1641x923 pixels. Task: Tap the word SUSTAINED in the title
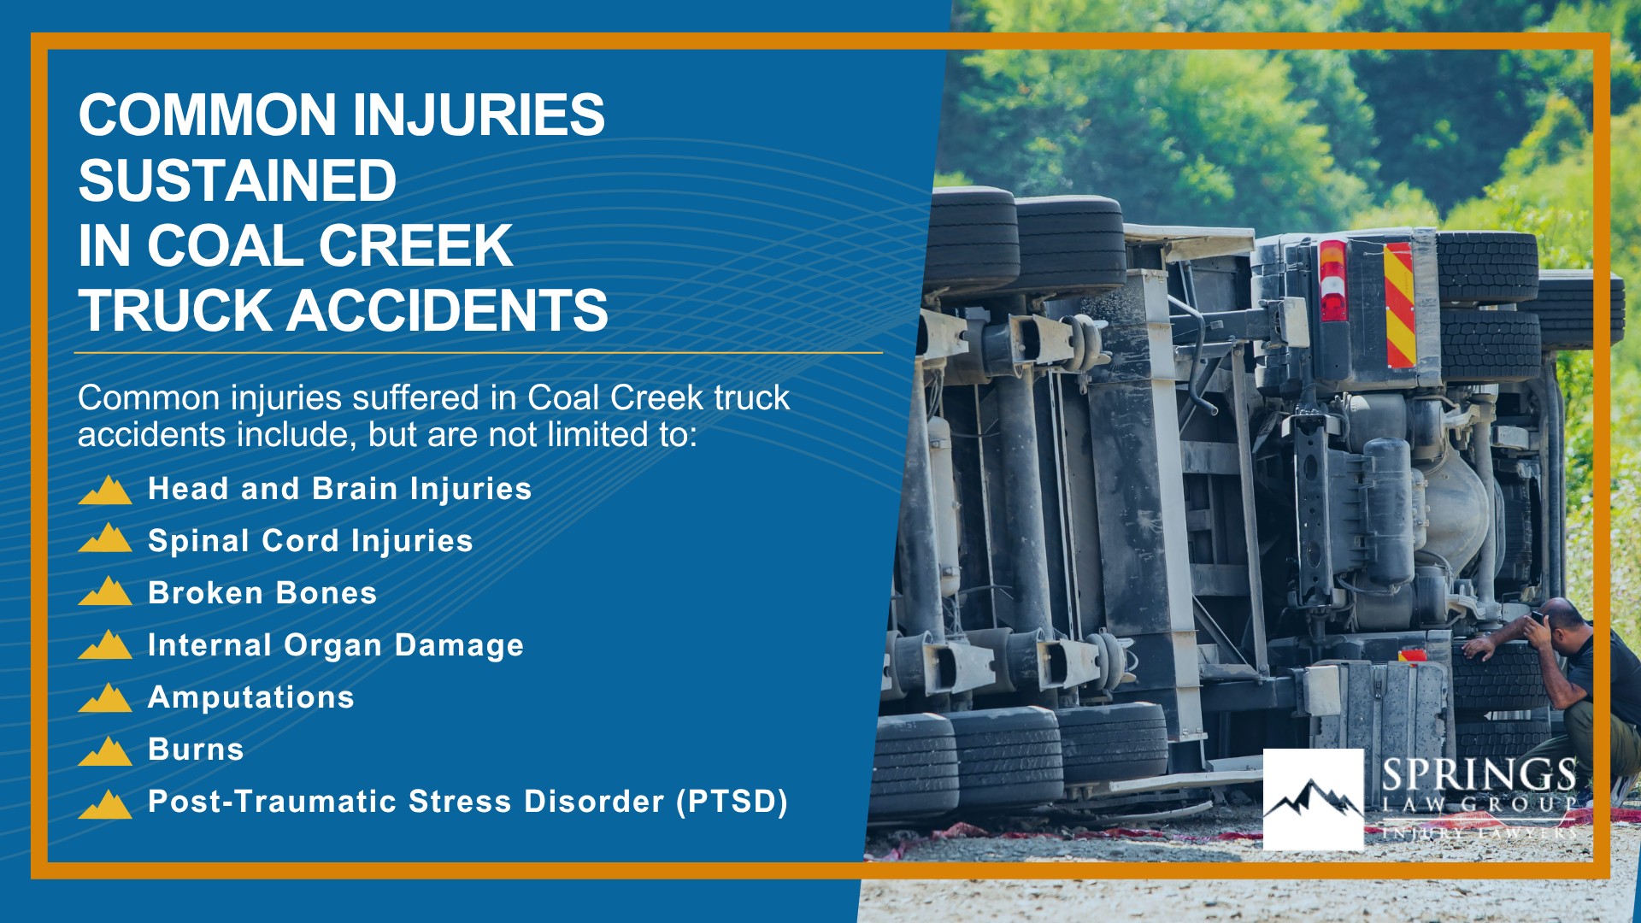coord(238,180)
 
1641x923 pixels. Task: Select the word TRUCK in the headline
coord(175,310)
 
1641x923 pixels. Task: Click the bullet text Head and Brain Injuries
coord(340,489)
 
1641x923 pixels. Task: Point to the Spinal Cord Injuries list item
coord(310,541)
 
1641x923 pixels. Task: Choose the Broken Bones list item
coord(262,593)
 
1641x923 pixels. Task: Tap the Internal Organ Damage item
coord(336,645)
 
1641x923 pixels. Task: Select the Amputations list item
coord(251,697)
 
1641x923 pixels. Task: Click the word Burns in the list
coord(196,750)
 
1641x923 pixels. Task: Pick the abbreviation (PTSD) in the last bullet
coord(732,802)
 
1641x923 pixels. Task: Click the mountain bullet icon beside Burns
coord(105,750)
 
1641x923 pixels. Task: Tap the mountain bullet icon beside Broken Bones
coord(105,591)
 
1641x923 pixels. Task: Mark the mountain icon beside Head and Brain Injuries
coord(105,490)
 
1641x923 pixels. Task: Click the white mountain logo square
coord(1314,800)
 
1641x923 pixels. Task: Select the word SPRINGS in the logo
coord(1479,775)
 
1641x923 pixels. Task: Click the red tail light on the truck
coord(1333,281)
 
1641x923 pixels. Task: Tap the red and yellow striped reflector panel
coord(1400,305)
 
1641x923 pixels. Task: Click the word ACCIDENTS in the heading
coord(447,310)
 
